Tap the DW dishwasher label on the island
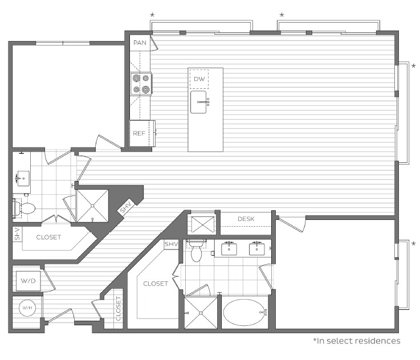pos(199,79)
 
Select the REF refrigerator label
pos(139,133)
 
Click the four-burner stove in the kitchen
pos(141,84)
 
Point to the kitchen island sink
pos(198,103)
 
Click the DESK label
pos(246,219)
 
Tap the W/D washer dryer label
pos(27,280)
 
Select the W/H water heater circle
pos(27,308)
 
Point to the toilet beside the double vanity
pos(196,250)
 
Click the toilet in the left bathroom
pos(26,209)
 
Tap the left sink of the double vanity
pos(230,248)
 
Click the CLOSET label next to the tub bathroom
pos(155,284)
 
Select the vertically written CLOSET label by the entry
pos(119,308)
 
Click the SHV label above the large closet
pos(171,244)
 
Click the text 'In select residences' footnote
pos(356,341)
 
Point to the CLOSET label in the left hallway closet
pos(48,237)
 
